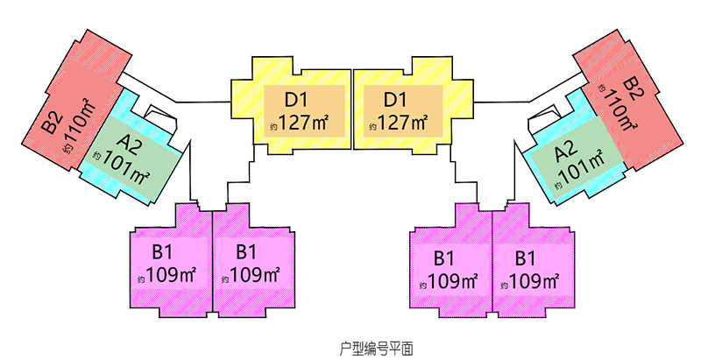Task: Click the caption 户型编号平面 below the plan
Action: (376, 349)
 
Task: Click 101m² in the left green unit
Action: (125, 169)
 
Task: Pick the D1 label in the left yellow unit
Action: (296, 100)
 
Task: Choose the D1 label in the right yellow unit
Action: (395, 100)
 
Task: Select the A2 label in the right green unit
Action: (566, 152)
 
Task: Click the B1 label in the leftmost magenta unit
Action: (162, 252)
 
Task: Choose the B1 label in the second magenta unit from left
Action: (246, 252)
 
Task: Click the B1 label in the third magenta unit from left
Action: (444, 258)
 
